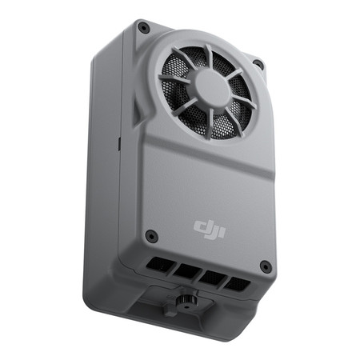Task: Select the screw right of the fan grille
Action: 258,64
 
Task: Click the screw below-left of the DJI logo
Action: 150,236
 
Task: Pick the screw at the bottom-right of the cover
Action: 265,266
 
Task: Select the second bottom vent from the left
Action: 186,271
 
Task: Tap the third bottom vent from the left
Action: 211,278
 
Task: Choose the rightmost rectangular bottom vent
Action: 236,284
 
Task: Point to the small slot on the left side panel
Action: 118,144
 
